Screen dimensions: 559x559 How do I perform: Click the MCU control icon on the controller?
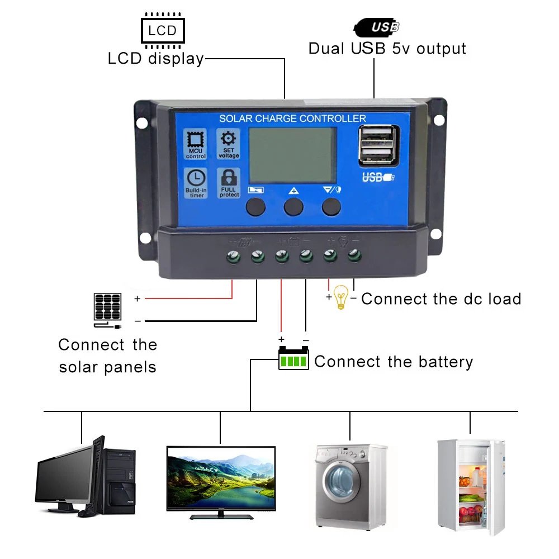pyautogui.click(x=196, y=144)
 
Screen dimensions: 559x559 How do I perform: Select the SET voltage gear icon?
pyautogui.click(x=228, y=144)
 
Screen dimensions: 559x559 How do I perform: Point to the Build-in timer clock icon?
pyautogui.click(x=196, y=183)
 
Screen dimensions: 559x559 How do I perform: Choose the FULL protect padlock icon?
pyautogui.click(x=229, y=183)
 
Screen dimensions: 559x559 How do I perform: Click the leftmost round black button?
pyautogui.click(x=255, y=207)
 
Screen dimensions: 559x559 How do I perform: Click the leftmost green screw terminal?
pyautogui.click(x=233, y=257)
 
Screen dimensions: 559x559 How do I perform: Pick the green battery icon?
pyautogui.click(x=293, y=358)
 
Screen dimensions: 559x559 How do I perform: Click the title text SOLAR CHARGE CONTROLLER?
pyautogui.click(x=292, y=119)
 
